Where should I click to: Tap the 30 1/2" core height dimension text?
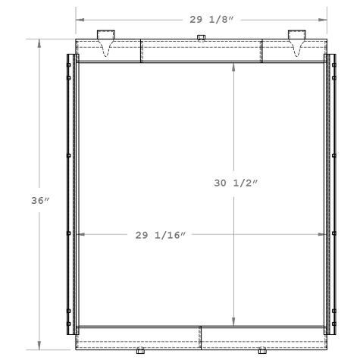pyautogui.click(x=236, y=183)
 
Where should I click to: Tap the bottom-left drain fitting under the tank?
pyautogui.click(x=140, y=352)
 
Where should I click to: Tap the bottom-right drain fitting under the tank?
pyautogui.click(x=261, y=352)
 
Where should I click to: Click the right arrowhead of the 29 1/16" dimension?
pyautogui.click(x=323, y=235)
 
